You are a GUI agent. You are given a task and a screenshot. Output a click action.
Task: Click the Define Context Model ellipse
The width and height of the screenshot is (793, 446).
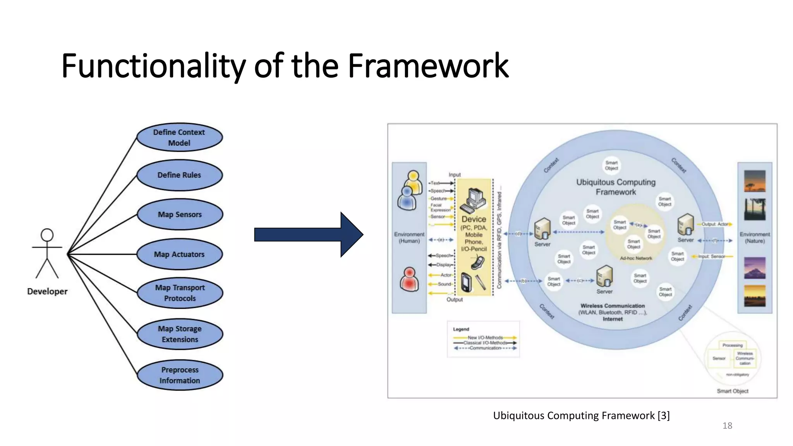[x=180, y=137]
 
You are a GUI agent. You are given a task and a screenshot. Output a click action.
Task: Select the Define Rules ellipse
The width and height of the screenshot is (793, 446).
[x=180, y=175]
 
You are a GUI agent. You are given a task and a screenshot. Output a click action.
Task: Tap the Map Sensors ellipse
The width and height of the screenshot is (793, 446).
[x=180, y=214]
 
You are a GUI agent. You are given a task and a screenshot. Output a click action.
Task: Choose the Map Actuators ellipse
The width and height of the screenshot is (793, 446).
[x=180, y=254]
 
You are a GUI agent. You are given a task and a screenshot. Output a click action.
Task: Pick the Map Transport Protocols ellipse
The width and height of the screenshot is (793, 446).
[x=180, y=293]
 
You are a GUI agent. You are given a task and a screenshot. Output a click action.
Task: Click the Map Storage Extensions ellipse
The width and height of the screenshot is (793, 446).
[x=180, y=334]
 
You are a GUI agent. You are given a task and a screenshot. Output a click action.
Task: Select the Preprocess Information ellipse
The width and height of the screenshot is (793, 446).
[x=180, y=375]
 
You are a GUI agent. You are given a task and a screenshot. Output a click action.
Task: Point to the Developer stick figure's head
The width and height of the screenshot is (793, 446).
[x=47, y=235]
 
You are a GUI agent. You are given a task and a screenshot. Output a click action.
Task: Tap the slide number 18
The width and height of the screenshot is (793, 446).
[x=727, y=426]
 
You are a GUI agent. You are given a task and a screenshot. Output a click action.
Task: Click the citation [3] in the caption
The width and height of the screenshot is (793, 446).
[x=664, y=415]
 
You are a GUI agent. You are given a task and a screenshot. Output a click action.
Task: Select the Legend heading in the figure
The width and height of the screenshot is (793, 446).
[x=461, y=329]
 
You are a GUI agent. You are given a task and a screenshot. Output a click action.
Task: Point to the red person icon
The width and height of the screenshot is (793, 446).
[x=409, y=280]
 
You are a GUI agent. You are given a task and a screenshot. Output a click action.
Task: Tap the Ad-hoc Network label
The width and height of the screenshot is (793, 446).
[x=636, y=258]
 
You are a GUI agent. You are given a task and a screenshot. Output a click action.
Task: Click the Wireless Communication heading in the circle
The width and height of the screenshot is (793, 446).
[x=613, y=306]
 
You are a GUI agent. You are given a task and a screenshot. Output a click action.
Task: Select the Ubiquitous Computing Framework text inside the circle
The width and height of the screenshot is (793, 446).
[x=616, y=187]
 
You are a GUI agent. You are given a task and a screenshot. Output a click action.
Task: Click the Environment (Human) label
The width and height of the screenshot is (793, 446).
[x=409, y=237]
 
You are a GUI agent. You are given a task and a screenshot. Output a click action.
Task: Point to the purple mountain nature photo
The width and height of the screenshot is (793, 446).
[x=755, y=268]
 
